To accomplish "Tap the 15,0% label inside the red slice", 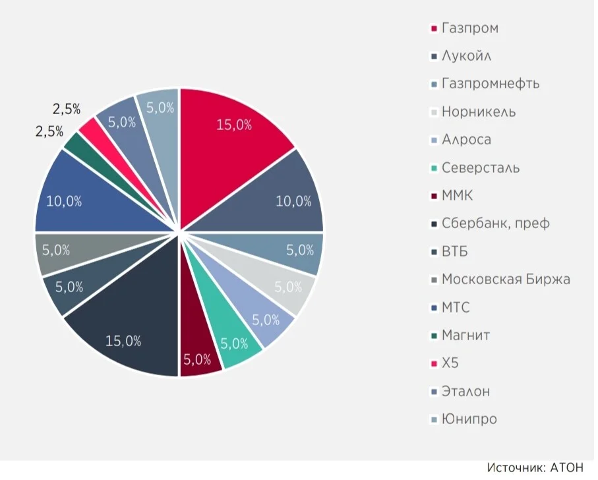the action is (x=234, y=125).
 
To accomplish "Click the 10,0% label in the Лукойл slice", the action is (x=293, y=201).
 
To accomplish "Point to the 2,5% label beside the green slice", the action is (x=49, y=131).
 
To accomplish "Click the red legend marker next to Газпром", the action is (x=434, y=28).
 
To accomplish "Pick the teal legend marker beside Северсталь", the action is (x=434, y=168).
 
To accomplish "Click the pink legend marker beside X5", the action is (x=434, y=364).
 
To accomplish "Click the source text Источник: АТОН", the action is (x=535, y=467).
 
